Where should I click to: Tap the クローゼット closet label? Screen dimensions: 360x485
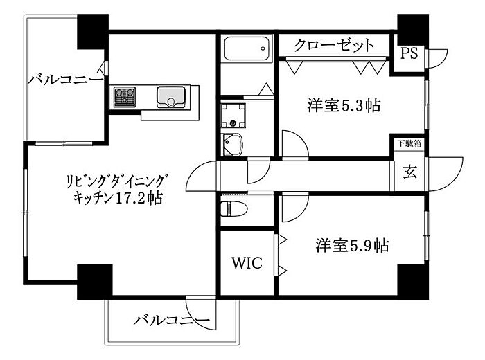coord(334,46)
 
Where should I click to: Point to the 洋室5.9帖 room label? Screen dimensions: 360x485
coord(352,245)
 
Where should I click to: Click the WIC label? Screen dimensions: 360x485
coord(247,264)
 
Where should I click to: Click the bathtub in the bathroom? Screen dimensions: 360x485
coord(247,49)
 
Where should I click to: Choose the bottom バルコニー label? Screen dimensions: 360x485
coord(171,321)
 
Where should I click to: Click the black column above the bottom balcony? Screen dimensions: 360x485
coord(94,281)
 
